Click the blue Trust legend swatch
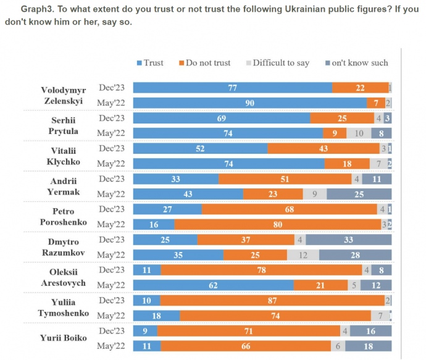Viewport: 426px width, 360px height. pyautogui.click(x=139, y=63)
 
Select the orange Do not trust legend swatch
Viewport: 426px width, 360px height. pyautogui.click(x=182, y=63)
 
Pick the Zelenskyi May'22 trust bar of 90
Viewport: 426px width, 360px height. pyautogui.click(x=250, y=103)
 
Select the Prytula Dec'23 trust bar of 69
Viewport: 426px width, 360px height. pyautogui.click(x=222, y=118)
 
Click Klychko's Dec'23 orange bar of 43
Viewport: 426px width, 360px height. pyautogui.click(x=324, y=148)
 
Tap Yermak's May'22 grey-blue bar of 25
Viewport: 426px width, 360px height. pyautogui.click(x=359, y=194)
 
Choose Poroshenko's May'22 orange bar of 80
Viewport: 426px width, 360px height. pyautogui.click(x=278, y=224)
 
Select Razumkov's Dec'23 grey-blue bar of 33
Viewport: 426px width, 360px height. pyautogui.click(x=349, y=239)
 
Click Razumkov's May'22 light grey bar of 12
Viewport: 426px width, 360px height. pyautogui.click(x=303, y=254)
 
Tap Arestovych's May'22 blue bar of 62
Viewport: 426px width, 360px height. pyautogui.click(x=214, y=285)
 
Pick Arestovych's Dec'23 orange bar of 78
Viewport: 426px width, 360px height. pyautogui.click(x=261, y=269)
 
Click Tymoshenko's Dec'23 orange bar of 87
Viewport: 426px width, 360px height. pyautogui.click(x=272, y=300)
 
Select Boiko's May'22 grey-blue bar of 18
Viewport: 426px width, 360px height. pyautogui.click(x=369, y=345)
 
